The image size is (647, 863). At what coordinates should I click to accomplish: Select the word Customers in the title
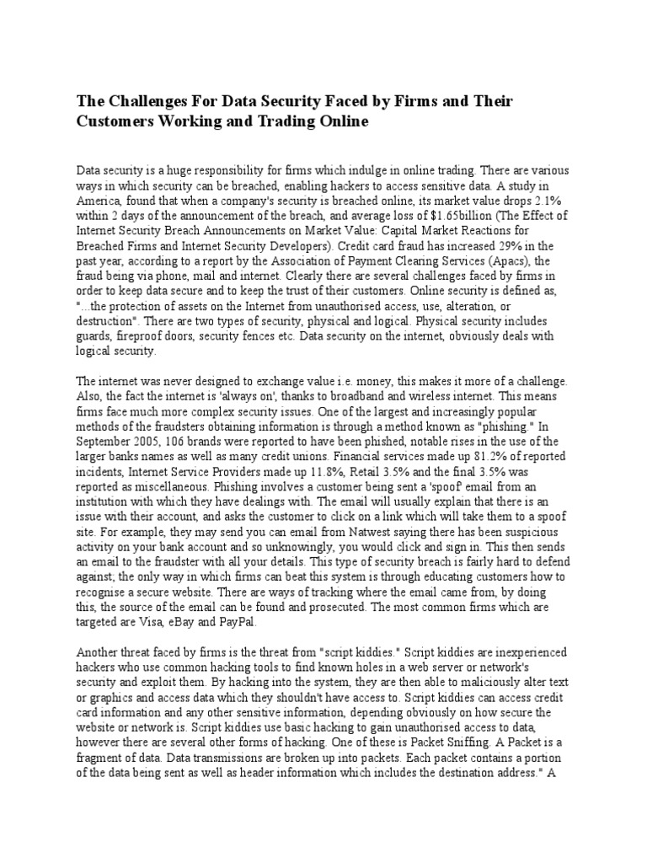(x=115, y=122)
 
